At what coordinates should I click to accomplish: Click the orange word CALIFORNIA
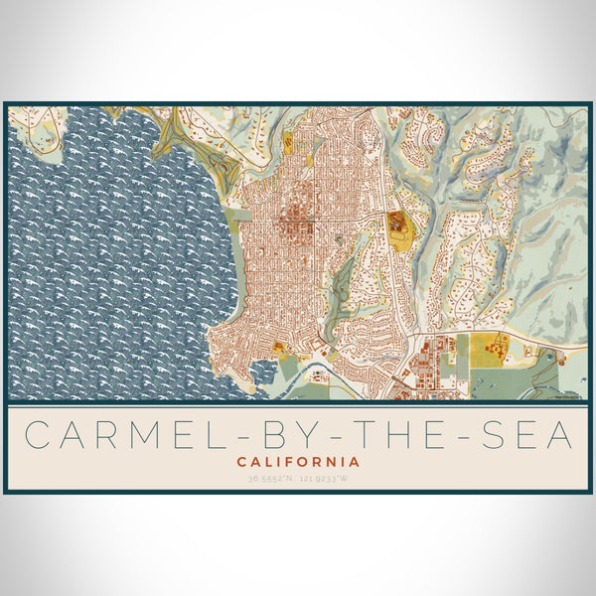click(298, 462)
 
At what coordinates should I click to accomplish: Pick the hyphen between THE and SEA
click(462, 435)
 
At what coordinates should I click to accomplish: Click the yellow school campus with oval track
click(397, 226)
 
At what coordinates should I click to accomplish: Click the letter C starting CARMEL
click(37, 434)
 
